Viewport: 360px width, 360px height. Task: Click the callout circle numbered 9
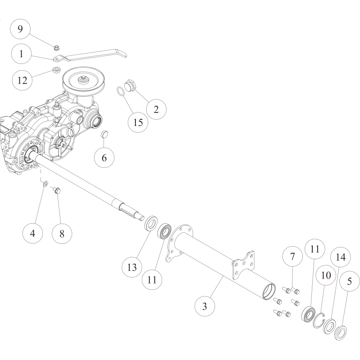click(x=20, y=29)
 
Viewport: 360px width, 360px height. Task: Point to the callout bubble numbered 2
click(x=156, y=109)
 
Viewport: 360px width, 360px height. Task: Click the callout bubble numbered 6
click(x=104, y=157)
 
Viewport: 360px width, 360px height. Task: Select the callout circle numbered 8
click(x=62, y=234)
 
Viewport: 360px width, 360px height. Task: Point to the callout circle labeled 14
click(x=340, y=257)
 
